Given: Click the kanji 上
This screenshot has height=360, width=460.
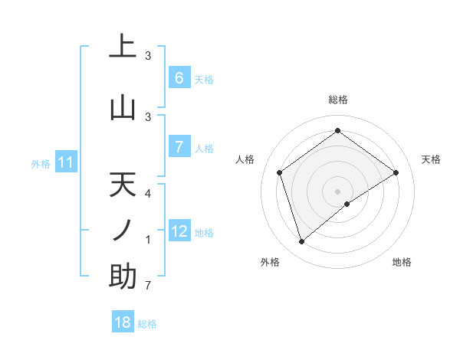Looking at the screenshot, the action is (x=123, y=46).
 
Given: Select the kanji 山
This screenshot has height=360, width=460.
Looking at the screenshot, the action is (x=123, y=107).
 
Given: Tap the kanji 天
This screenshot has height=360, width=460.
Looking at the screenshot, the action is (x=123, y=185).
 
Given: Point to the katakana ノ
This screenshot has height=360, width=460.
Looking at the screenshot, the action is (x=123, y=230).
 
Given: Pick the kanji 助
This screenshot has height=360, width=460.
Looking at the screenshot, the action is (x=123, y=276).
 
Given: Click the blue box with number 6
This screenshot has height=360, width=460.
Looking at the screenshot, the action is (x=179, y=78).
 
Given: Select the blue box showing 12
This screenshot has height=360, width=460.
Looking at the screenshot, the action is (x=179, y=231).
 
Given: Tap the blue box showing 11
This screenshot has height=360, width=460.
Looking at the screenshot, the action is (x=66, y=162).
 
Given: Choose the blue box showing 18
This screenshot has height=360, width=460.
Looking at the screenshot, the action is (x=123, y=322).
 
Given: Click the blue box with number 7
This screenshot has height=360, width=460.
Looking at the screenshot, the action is (x=179, y=147).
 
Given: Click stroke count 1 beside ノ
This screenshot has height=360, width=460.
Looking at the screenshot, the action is (x=148, y=241).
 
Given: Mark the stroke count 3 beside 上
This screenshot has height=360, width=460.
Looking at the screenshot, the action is (x=148, y=56).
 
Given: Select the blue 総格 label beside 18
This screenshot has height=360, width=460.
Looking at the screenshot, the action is (x=147, y=324).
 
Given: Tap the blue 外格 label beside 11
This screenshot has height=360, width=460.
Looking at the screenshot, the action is (x=41, y=163).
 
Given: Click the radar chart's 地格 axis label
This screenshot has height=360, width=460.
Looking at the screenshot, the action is (x=402, y=262).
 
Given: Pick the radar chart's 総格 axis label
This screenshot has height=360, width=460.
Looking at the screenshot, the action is (x=337, y=100).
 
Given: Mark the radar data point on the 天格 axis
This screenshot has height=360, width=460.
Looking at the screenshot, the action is (x=396, y=172).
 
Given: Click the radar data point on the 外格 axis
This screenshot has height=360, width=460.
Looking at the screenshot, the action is (x=302, y=242).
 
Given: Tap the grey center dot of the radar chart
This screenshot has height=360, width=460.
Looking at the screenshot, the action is (x=337, y=191).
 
